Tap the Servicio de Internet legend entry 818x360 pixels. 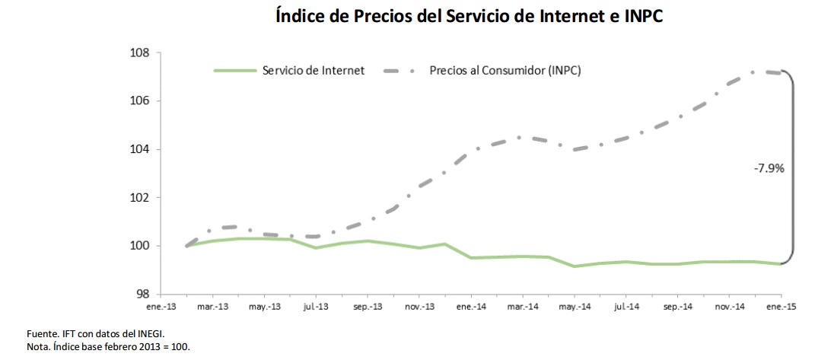click(313, 70)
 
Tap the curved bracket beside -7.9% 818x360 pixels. click(792, 167)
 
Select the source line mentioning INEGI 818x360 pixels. click(95, 334)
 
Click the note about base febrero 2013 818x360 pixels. click(107, 347)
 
